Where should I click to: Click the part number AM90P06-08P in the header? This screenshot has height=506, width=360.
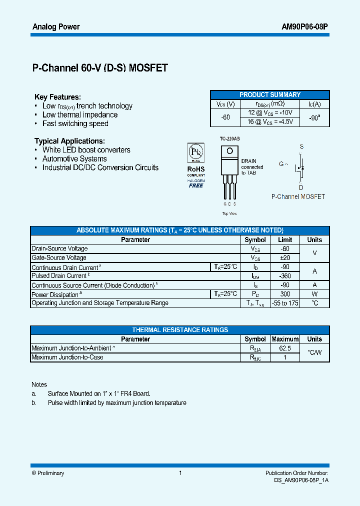click(303, 26)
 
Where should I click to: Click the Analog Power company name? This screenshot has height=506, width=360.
click(55, 26)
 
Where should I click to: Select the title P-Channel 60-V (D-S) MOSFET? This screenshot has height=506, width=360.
click(100, 68)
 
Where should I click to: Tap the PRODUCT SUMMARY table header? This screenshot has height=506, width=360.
click(270, 94)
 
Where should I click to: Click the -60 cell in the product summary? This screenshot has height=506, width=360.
click(225, 117)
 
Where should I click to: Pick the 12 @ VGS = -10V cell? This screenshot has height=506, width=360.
click(270, 112)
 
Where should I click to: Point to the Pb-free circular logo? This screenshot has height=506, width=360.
click(195, 152)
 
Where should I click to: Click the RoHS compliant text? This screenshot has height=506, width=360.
click(196, 169)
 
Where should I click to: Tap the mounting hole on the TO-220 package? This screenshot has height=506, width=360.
click(230, 150)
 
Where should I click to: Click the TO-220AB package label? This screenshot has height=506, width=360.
click(229, 138)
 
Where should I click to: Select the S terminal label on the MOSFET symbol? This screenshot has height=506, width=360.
click(301, 146)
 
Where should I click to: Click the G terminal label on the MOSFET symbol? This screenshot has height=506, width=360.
click(281, 163)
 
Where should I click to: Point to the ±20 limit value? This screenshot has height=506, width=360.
click(285, 257)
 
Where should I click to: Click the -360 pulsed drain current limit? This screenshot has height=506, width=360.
click(285, 275)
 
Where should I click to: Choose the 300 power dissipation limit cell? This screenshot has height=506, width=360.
click(285, 294)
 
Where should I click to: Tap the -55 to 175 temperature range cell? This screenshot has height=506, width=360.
click(285, 303)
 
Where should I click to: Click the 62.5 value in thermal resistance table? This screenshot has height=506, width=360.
click(285, 348)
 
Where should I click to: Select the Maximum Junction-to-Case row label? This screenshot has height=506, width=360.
click(67, 357)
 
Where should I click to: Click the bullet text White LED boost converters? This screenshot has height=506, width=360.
click(86, 150)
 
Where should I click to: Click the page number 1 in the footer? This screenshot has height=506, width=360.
click(180, 473)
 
